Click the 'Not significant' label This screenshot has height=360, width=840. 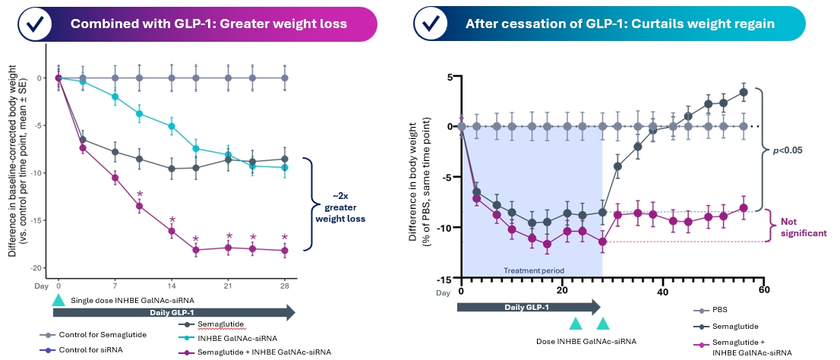804,228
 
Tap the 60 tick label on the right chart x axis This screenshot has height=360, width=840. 765,292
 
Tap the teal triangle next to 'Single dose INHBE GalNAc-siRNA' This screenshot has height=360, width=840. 58,302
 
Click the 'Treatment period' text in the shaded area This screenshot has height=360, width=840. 532,270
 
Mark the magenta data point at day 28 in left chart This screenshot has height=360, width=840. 285,250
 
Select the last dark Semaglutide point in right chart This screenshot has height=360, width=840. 744,92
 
